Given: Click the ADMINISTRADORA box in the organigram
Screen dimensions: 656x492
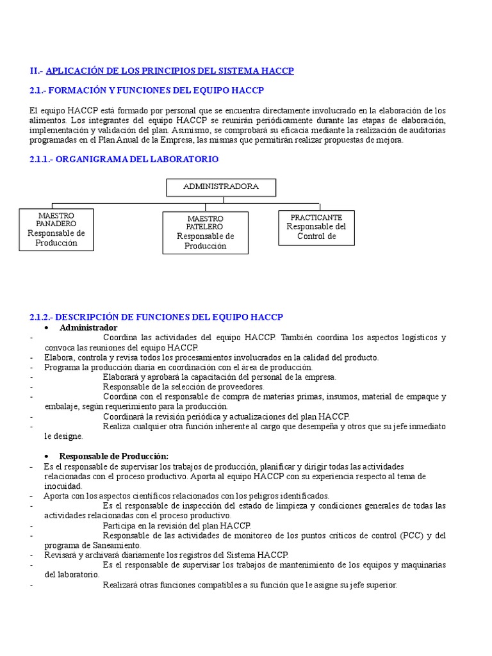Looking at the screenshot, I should (x=221, y=187).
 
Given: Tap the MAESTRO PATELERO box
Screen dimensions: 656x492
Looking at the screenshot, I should (x=205, y=232).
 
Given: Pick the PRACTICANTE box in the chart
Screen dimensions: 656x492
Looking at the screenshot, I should (x=316, y=227).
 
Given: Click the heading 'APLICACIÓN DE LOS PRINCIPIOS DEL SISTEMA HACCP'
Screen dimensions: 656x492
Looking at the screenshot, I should (x=170, y=70).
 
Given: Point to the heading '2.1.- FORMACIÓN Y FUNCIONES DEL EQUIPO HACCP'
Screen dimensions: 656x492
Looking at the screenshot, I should (x=147, y=90).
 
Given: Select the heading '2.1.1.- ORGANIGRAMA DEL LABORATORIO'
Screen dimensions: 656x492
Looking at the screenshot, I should (x=124, y=159).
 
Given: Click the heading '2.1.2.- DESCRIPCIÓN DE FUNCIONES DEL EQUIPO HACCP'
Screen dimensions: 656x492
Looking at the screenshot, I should (x=156, y=317).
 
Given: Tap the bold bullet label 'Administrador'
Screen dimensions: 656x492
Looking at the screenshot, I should (x=88, y=327).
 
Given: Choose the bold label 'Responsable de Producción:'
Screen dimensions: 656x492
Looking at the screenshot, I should (x=113, y=456).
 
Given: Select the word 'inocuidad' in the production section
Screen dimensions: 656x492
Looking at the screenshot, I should (x=63, y=486).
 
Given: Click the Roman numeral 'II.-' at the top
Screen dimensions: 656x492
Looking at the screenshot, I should (x=37, y=70).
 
